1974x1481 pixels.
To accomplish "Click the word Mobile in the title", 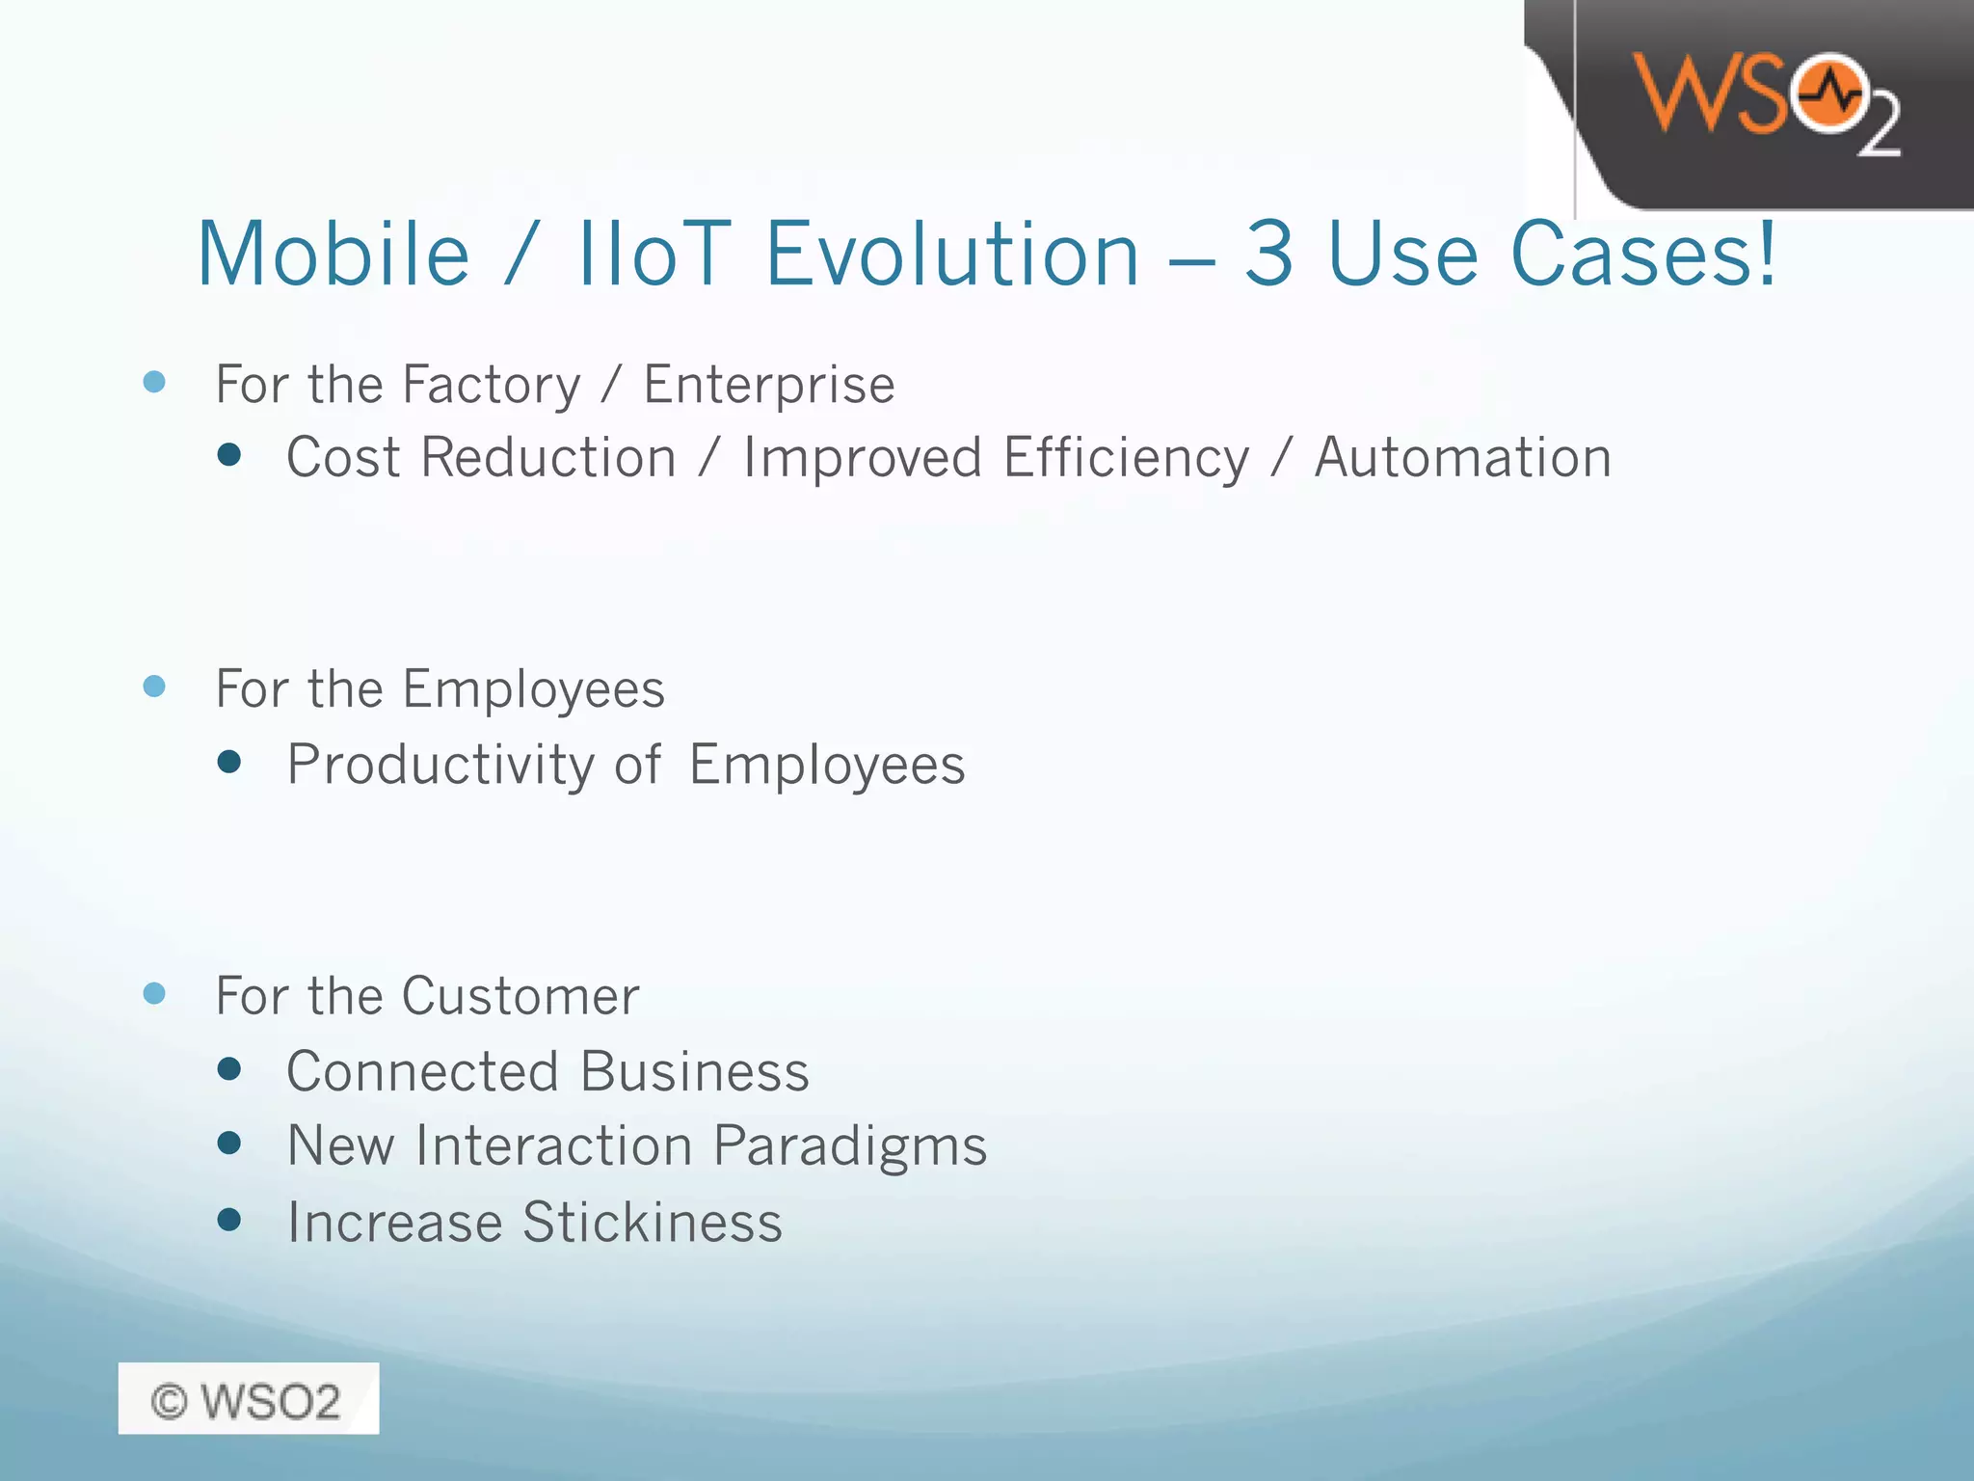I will pyautogui.click(x=333, y=255).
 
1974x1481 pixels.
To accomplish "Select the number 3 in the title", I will pyautogui.click(x=1268, y=255).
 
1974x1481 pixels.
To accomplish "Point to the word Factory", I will pyautogui.click(x=491, y=386).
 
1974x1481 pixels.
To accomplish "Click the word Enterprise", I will pyautogui.click(x=769, y=386).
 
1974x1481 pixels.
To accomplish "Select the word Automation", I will pyautogui.click(x=1462, y=457).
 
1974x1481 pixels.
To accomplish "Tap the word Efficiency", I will pyautogui.click(x=1126, y=459).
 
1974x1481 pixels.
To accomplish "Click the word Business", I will pyautogui.click(x=694, y=1071).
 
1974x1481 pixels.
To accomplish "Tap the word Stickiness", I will pyautogui.click(x=652, y=1223).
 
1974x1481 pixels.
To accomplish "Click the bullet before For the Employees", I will pyautogui.click(x=154, y=687).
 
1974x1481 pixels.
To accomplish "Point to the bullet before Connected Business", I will pyautogui.click(x=229, y=1068).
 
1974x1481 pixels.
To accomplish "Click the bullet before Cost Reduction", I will pyautogui.click(x=229, y=455).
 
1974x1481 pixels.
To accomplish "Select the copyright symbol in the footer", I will pyautogui.click(x=169, y=1401).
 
